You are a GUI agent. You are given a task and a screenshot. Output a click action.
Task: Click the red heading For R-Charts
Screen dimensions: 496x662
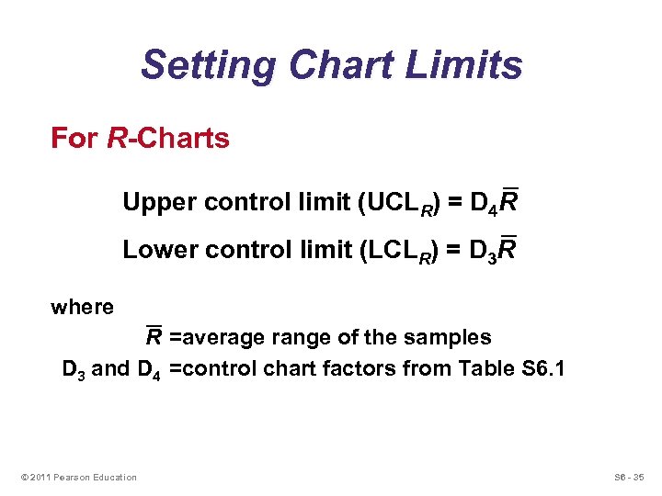(140, 139)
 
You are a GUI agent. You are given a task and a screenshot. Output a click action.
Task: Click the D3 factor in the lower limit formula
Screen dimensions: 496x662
(482, 251)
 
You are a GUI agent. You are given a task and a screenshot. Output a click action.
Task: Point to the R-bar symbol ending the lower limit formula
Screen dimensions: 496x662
(506, 248)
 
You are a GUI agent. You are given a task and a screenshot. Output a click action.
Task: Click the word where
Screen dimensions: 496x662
(82, 308)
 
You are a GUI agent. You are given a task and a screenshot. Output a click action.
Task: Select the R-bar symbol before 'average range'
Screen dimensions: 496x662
(154, 336)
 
